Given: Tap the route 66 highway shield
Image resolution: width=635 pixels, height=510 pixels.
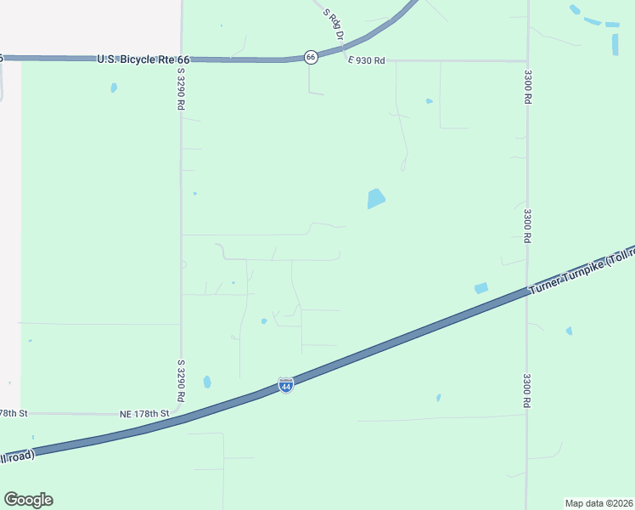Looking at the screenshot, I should point(312,57).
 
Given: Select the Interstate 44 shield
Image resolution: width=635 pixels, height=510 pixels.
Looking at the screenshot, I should point(286,386).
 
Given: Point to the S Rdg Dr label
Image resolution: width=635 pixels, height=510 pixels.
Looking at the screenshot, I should point(333,25).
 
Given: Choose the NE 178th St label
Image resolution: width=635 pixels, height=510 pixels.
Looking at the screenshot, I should point(144,413).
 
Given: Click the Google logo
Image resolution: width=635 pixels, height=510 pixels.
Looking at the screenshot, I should point(28,500).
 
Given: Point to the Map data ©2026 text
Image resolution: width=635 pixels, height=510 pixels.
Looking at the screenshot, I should point(598,503).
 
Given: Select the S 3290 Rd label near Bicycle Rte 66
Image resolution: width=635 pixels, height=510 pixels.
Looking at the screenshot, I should point(180,90).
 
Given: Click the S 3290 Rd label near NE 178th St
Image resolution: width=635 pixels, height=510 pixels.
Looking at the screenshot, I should point(181,381).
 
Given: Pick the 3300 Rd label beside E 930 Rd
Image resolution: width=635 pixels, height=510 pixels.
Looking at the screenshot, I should point(527,86).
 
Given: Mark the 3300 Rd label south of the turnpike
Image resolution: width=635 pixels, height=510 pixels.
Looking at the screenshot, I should point(527,391).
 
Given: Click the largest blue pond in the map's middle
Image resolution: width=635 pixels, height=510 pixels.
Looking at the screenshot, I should point(375,199).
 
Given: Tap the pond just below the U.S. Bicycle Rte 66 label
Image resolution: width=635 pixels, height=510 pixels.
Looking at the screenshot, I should point(114,88).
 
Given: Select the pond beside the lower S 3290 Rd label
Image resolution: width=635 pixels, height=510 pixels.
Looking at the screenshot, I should point(207,382).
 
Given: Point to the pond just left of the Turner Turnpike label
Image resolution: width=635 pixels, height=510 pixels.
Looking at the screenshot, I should point(480,288).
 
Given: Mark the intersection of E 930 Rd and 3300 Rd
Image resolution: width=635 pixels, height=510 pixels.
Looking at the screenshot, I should point(527,60).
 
